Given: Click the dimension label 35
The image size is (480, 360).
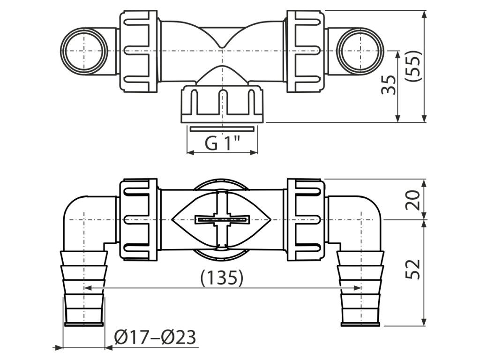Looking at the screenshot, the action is click(x=389, y=84).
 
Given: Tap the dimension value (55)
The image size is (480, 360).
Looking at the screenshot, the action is click(x=414, y=66).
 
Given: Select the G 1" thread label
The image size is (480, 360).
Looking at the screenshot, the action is click(x=222, y=142).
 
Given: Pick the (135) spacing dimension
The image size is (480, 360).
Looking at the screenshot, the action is click(x=222, y=277).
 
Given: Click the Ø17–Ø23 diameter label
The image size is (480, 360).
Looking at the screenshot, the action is click(x=155, y=337).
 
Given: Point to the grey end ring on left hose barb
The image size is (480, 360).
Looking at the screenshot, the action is click(x=83, y=324).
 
